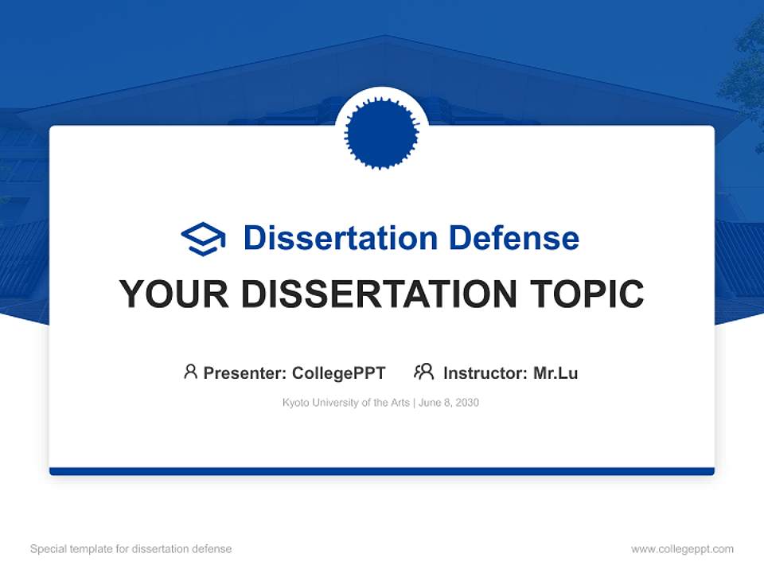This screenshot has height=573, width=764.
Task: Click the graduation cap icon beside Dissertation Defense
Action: pyautogui.click(x=203, y=239)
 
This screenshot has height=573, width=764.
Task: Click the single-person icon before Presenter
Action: pyautogui.click(x=190, y=372)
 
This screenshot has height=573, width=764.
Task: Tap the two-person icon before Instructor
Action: pyautogui.click(x=424, y=372)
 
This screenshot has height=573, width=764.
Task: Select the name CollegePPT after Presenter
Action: pyautogui.click(x=338, y=372)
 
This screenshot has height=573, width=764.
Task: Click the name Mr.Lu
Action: pyautogui.click(x=555, y=372)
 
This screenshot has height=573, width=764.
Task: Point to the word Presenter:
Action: pyautogui.click(x=245, y=372)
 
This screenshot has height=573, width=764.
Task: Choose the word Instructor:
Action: pyautogui.click(x=485, y=372)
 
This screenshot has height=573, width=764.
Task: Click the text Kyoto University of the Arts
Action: pyautogui.click(x=345, y=403)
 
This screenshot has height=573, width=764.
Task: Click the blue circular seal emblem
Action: pyautogui.click(x=382, y=132)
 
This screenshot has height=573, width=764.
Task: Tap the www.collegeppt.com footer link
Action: pyautogui.click(x=682, y=549)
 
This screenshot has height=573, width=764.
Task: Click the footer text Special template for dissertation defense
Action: pyautogui.click(x=131, y=549)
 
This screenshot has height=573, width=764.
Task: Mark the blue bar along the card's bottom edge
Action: pyautogui.click(x=382, y=471)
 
